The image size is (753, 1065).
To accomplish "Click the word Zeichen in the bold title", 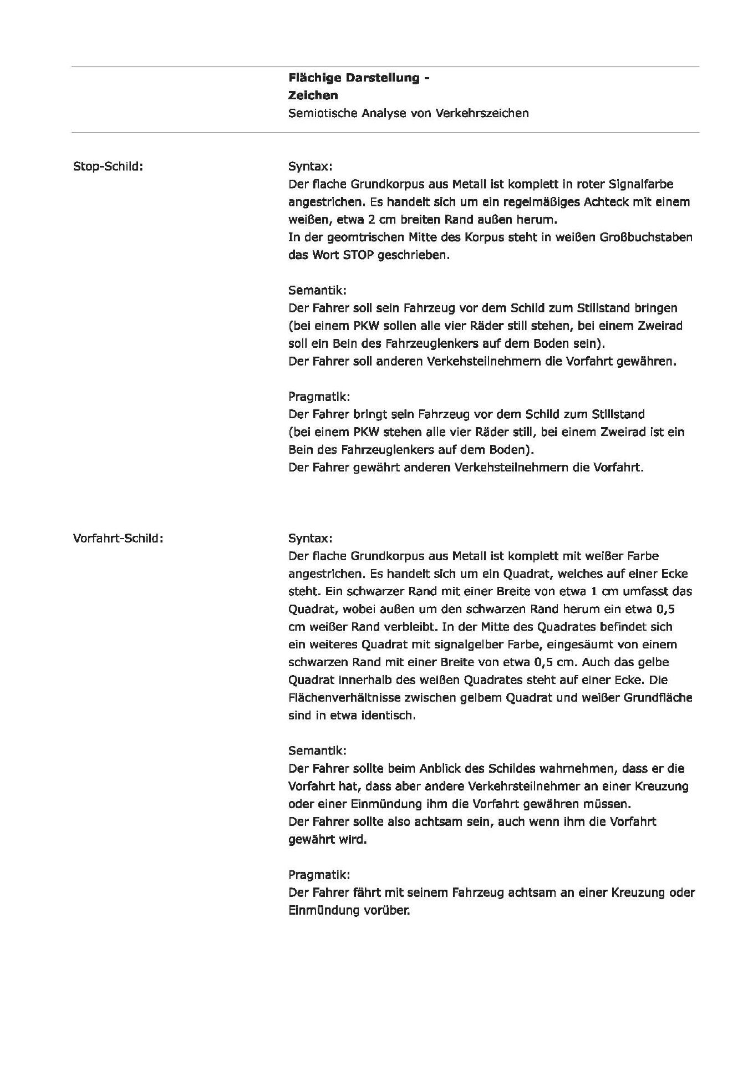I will (x=313, y=95).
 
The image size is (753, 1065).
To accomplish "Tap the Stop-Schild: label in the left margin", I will (x=108, y=166).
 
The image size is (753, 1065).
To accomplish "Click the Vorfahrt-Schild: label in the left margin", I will (x=118, y=538).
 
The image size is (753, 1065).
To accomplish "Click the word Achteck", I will (x=606, y=202).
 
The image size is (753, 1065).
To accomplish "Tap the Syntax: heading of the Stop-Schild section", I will (x=310, y=166).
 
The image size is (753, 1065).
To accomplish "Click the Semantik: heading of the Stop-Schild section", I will (x=317, y=290).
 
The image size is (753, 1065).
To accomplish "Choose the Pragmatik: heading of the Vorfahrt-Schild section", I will (x=319, y=875).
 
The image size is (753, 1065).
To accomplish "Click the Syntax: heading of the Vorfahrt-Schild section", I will (x=310, y=539).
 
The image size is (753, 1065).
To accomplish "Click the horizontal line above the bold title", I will (x=385, y=67).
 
